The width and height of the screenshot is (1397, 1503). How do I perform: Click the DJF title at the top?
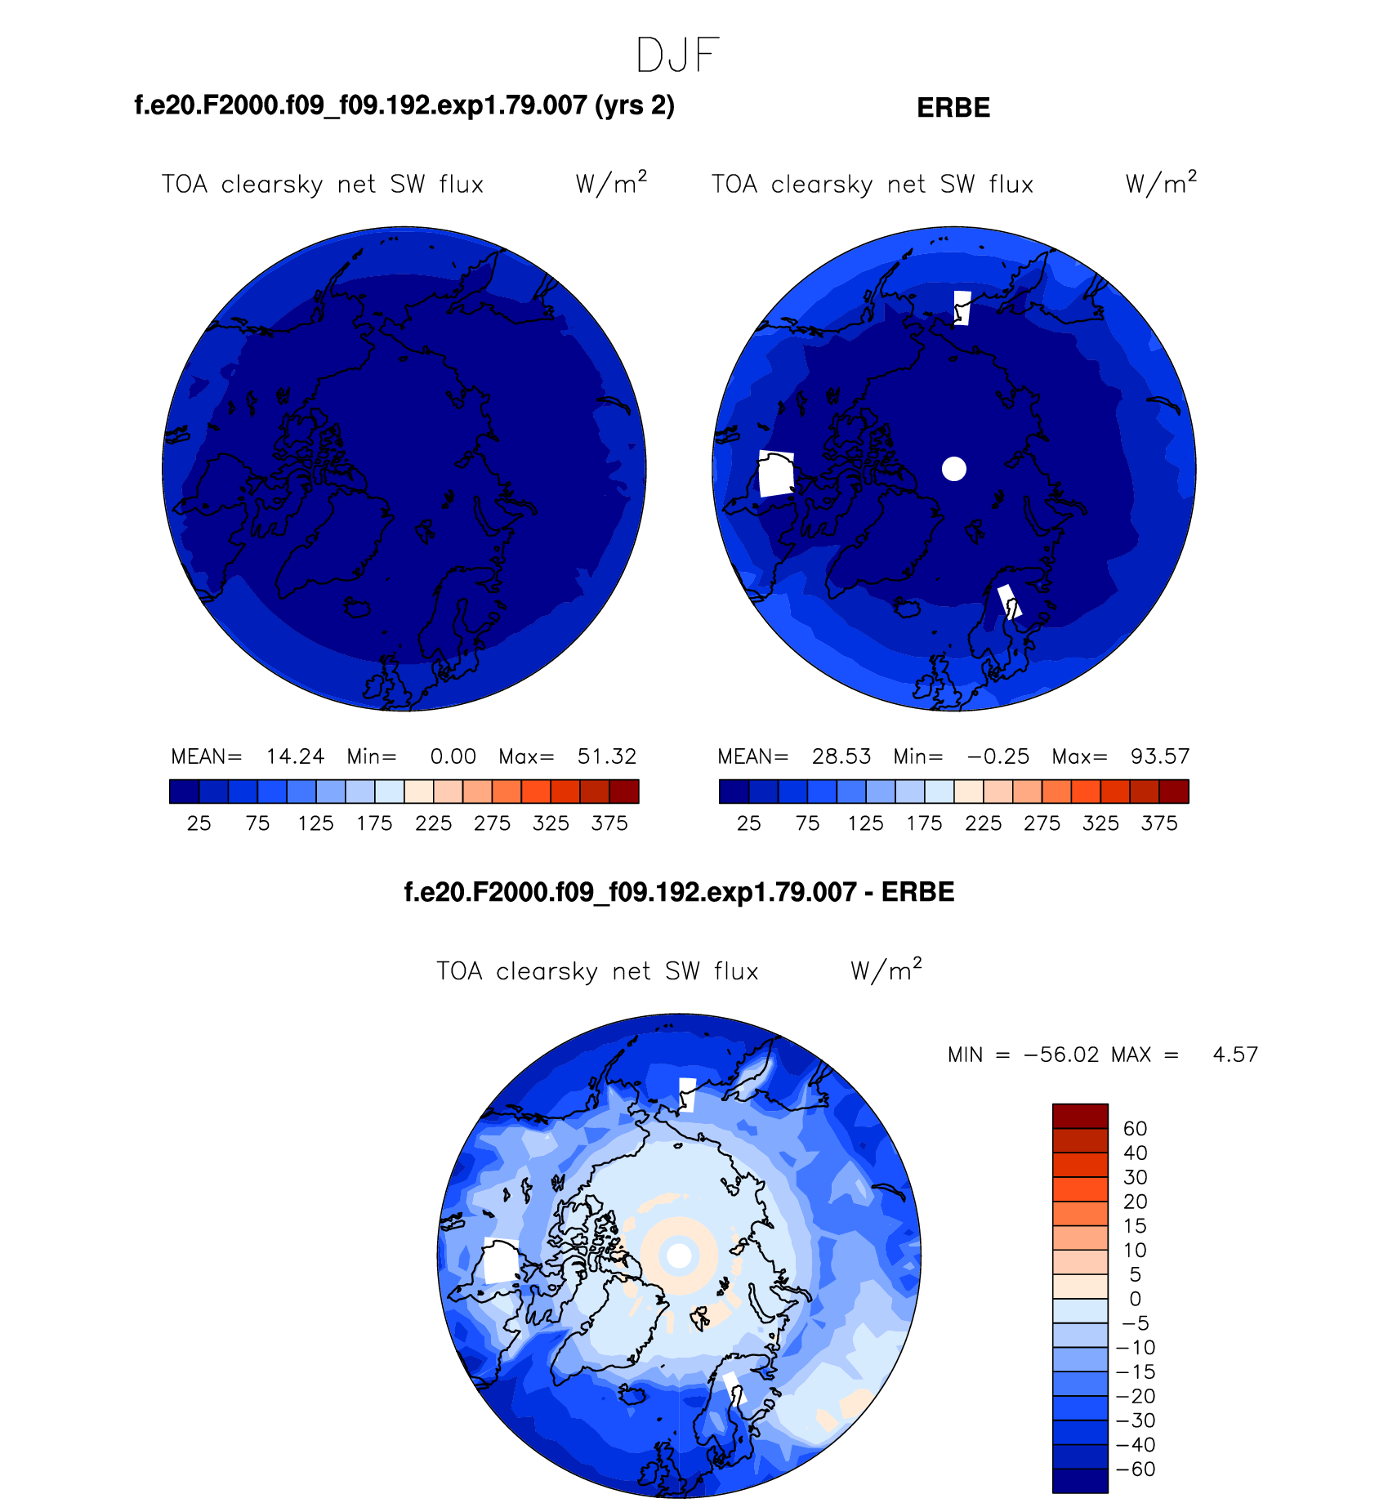tap(677, 56)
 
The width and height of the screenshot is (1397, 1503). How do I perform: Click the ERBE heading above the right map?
tap(953, 108)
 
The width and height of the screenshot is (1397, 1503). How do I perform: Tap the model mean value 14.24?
tap(295, 756)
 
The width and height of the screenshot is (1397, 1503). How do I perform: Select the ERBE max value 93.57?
tap(1160, 756)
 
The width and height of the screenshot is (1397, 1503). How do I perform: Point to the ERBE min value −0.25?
tap(998, 756)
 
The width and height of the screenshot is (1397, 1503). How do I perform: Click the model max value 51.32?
tap(607, 756)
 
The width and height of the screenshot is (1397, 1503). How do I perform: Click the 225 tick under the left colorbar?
tap(433, 823)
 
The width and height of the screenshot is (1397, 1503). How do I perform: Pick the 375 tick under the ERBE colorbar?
tap(1159, 823)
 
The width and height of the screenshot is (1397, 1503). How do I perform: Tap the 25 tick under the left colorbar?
tap(199, 823)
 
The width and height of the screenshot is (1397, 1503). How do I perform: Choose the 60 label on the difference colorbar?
tap(1135, 1129)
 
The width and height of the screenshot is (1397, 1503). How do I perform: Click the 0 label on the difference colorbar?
tap(1135, 1299)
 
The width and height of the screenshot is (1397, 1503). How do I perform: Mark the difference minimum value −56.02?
tap(1061, 1055)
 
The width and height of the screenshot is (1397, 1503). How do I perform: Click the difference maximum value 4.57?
tap(1235, 1055)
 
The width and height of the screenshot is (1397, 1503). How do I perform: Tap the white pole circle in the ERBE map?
tap(954, 469)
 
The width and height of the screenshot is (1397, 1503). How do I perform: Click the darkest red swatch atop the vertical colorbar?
tap(1080, 1116)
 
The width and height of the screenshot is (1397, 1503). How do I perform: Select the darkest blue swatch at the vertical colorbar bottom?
tap(1080, 1481)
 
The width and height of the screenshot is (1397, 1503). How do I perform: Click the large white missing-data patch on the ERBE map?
tap(776, 473)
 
